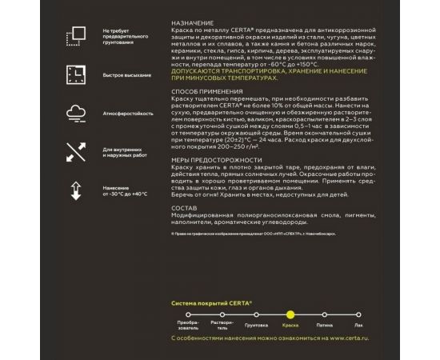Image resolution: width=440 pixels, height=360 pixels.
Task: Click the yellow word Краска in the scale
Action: click(x=290, y=326)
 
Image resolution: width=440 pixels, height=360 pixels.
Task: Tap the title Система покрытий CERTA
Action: click(x=212, y=303)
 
